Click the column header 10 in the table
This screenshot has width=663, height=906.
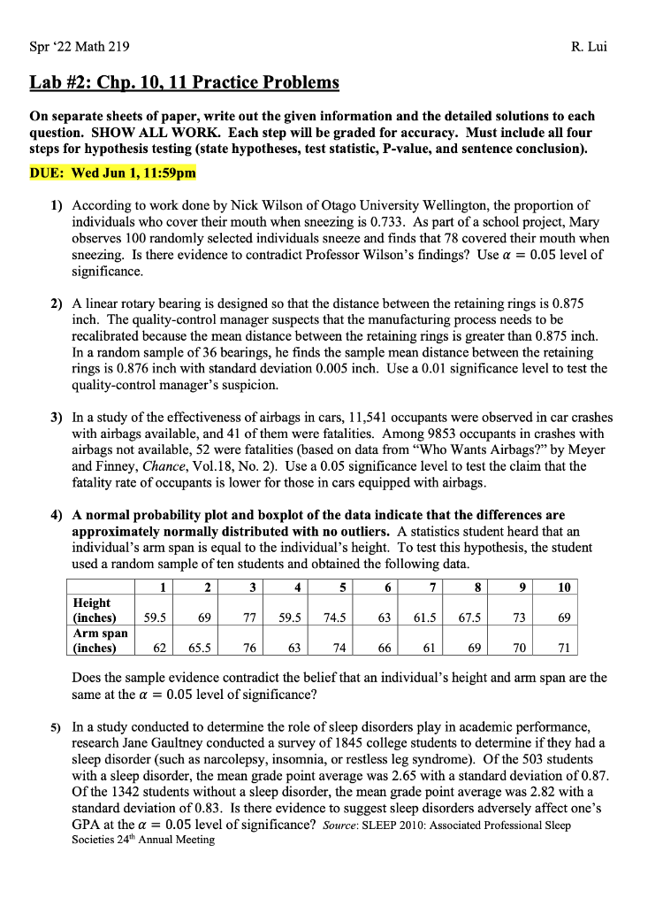point(562,587)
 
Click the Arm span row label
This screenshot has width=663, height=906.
point(99,640)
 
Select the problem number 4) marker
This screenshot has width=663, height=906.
point(55,515)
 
